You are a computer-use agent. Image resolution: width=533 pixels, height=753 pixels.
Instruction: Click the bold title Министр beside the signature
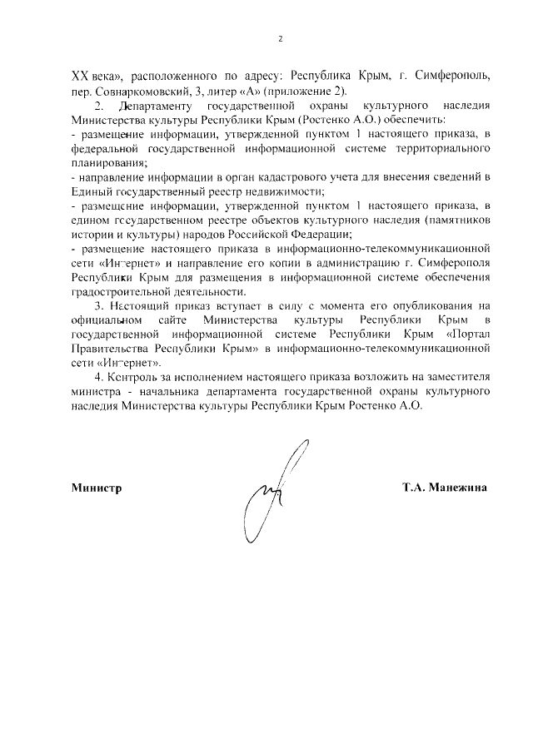coord(97,488)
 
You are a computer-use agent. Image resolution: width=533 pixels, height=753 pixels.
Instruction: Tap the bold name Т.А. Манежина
coord(443,488)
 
